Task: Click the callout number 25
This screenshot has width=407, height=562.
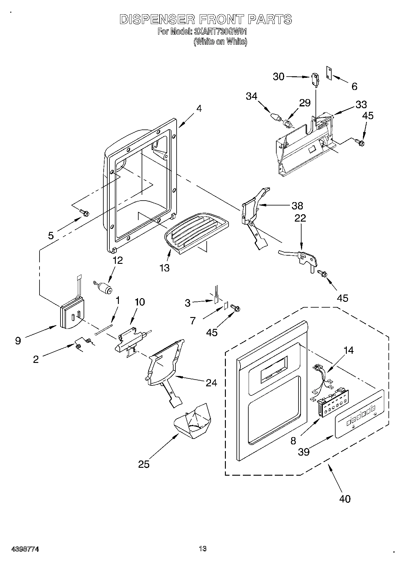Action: pos(144,464)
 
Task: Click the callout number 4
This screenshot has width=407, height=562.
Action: pos(199,109)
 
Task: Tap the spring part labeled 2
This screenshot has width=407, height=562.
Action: pos(82,343)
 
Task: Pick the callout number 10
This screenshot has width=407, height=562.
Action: pos(140,302)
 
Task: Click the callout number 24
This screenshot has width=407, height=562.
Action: pos(211,383)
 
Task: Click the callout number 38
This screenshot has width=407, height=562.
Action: pos(297,206)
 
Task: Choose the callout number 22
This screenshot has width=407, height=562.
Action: pos(300,218)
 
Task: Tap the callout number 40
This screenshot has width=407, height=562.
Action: pos(345,498)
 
